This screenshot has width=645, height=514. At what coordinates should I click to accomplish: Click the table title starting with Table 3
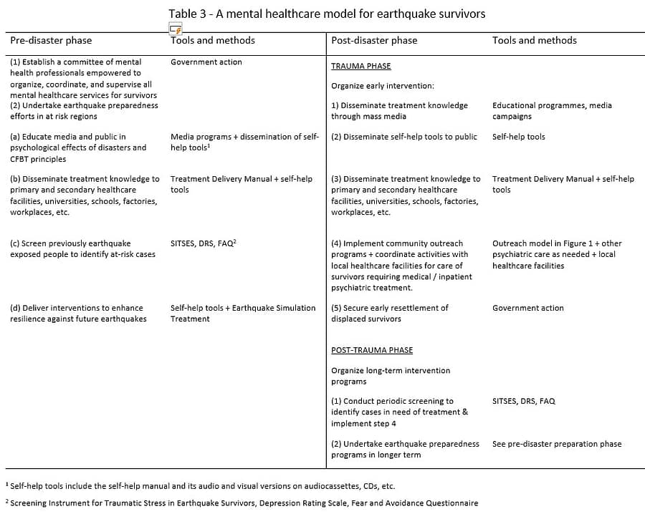[x=327, y=14]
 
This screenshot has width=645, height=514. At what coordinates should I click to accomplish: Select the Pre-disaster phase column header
[x=51, y=41]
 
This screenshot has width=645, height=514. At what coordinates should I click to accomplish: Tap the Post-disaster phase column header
[x=373, y=41]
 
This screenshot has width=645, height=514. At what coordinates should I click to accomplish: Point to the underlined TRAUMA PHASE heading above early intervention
[x=360, y=66]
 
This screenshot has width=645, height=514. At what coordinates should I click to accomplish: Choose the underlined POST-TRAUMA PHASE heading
[x=371, y=350]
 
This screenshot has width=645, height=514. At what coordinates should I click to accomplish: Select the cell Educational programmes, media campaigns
[x=552, y=110]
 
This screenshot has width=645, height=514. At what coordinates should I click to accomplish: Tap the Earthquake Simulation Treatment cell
[x=242, y=313]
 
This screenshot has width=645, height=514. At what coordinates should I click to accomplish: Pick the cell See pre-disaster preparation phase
[x=557, y=444]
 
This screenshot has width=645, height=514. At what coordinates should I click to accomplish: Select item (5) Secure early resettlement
[x=389, y=313]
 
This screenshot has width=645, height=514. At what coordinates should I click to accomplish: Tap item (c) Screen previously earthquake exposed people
[x=82, y=248]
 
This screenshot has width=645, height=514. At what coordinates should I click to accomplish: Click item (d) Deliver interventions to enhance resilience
[x=77, y=313]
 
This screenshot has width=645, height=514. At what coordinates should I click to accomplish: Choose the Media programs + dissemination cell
[x=244, y=142]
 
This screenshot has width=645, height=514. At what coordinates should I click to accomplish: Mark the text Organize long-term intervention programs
[x=390, y=376]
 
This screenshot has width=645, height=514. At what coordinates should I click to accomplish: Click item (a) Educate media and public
[x=77, y=147]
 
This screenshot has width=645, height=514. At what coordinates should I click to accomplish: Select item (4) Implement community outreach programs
[x=401, y=265]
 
